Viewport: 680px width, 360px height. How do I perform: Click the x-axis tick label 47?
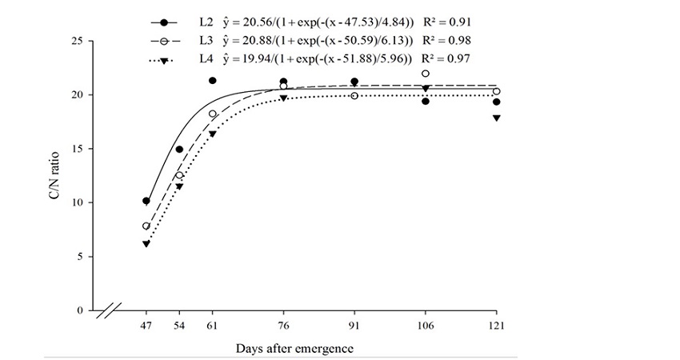point(146,326)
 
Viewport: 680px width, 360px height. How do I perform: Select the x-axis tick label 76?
point(283,326)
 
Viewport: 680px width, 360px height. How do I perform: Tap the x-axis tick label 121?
point(496,326)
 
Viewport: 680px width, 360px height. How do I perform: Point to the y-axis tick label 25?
point(78,41)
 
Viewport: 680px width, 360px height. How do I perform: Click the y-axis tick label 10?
point(78,202)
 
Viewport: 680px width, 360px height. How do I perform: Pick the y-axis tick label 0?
point(81,310)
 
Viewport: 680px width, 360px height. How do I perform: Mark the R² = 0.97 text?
point(447,58)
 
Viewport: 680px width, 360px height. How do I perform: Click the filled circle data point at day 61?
point(212,81)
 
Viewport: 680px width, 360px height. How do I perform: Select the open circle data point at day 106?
point(426,74)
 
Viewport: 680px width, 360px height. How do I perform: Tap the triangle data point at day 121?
point(496,118)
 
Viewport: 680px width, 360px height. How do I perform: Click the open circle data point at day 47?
point(146,226)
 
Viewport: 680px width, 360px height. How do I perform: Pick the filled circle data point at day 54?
point(179,150)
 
